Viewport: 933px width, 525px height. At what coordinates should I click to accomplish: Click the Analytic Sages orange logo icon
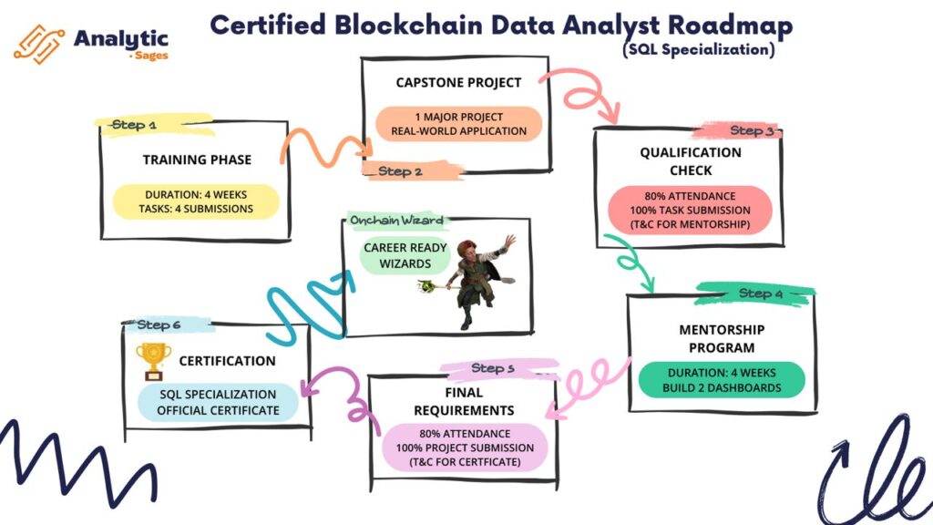tap(37, 43)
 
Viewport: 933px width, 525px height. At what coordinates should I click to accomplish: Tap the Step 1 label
tap(134, 124)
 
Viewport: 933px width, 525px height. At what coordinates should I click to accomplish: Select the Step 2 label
tap(401, 170)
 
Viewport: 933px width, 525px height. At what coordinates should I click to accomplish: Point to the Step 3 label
tap(752, 130)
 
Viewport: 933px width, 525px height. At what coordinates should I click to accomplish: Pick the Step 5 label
tap(494, 368)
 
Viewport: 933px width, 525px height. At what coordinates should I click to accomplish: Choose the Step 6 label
tap(159, 324)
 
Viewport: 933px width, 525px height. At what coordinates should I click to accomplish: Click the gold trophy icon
tap(152, 361)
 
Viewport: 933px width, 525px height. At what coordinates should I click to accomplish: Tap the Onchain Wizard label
tap(397, 221)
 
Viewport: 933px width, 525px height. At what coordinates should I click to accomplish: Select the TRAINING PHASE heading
tap(197, 160)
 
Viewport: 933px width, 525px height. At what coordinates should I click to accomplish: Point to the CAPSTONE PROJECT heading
tap(458, 82)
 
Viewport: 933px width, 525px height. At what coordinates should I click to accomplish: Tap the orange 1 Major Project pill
tap(458, 124)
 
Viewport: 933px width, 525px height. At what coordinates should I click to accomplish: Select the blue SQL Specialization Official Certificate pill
tap(217, 402)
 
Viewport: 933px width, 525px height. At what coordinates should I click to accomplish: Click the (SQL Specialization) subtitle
tap(699, 50)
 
